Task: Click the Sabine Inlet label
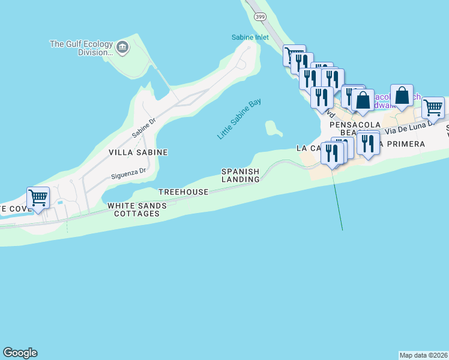click(x=250, y=37)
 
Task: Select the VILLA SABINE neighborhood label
click(x=138, y=152)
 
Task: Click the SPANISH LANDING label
click(x=241, y=175)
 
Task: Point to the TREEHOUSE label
click(x=183, y=192)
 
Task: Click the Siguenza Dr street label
click(x=128, y=174)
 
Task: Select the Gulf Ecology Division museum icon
click(x=122, y=47)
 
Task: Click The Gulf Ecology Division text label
click(x=81, y=47)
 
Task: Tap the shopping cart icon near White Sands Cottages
click(x=38, y=197)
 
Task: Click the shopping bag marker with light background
click(x=402, y=95)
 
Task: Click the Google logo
click(x=20, y=353)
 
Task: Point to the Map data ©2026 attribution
click(x=423, y=355)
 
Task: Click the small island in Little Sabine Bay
click(x=273, y=128)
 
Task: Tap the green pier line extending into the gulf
click(x=338, y=204)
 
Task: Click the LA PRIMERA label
click(x=402, y=144)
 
